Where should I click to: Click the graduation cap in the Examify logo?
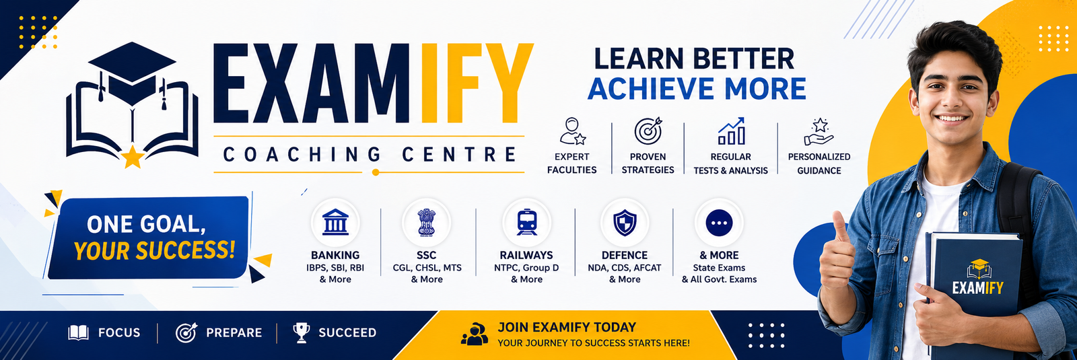[132, 72]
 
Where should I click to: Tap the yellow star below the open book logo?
[133, 157]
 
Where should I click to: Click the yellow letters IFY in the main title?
[475, 83]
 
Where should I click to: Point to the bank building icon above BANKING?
[336, 222]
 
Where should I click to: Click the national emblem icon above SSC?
[427, 223]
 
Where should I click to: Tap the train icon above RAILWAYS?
[527, 222]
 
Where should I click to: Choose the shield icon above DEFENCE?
[625, 223]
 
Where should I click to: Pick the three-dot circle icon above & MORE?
[720, 223]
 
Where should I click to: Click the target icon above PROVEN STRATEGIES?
[648, 131]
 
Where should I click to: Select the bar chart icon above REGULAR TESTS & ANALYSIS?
[731, 131]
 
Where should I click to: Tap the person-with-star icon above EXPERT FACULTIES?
[572, 131]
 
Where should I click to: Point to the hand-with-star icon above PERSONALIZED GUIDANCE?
[819, 132]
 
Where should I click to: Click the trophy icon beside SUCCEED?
[302, 332]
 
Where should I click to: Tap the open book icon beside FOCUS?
[78, 332]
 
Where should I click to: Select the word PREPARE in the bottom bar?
[234, 332]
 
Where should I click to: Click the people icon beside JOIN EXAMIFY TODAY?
[475, 334]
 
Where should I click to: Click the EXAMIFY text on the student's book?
[978, 288]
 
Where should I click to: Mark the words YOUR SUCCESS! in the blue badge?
[154, 250]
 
